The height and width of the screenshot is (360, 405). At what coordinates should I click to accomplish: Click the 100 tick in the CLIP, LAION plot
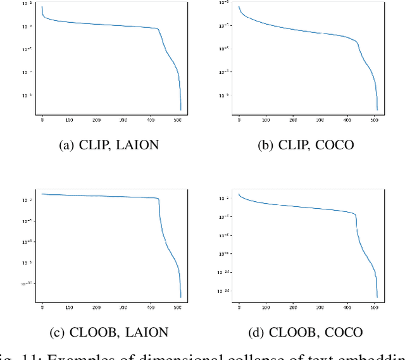tap(69, 119)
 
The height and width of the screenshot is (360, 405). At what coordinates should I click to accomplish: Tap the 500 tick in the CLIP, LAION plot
tap(177, 119)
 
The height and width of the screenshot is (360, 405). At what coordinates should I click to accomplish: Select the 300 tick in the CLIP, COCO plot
tap(320, 119)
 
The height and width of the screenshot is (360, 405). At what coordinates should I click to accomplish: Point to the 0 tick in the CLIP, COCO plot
tap(239, 119)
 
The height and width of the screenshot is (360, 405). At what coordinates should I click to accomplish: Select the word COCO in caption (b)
tap(335, 145)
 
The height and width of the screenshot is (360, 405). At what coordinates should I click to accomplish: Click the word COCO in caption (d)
tap(343, 332)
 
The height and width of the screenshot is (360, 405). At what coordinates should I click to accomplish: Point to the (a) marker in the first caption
tap(66, 145)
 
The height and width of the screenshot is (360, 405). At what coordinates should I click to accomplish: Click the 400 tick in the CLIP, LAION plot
tap(150, 119)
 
